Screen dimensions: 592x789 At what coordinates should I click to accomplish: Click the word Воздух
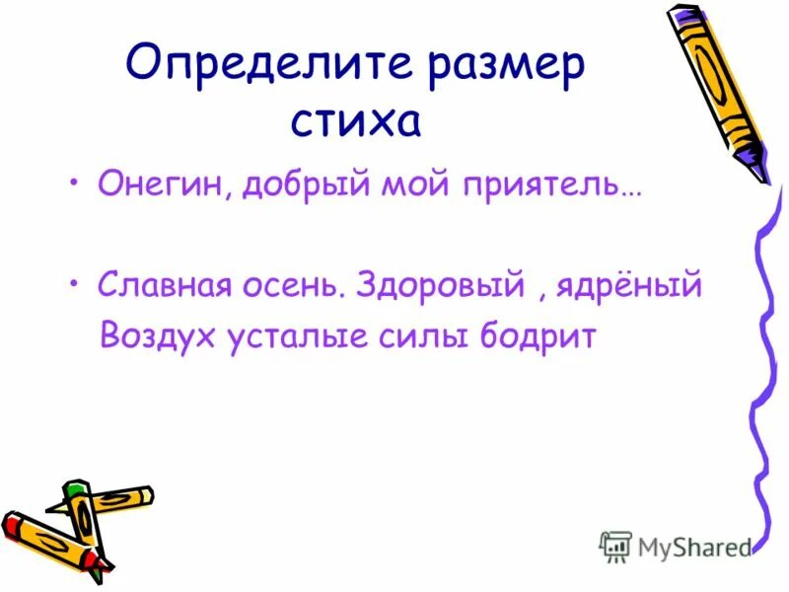161,336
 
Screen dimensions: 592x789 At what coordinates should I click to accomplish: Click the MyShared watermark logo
676,546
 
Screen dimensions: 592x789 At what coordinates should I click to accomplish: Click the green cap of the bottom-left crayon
75,489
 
